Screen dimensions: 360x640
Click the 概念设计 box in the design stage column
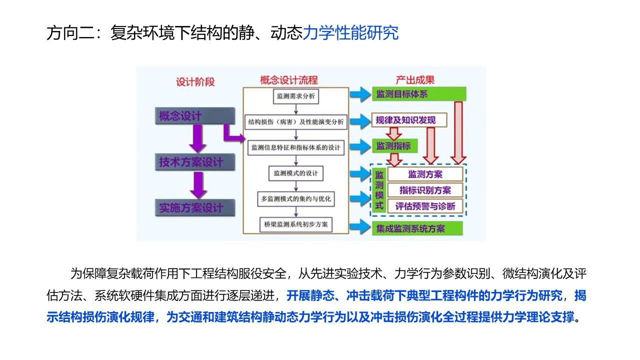click(x=194, y=116)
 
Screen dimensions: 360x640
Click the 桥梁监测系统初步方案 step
click(x=296, y=224)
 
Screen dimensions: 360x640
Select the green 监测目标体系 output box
click(x=419, y=94)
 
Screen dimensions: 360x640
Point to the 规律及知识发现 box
click(x=409, y=120)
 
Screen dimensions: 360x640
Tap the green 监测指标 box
click(x=393, y=146)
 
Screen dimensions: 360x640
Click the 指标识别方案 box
click(x=425, y=190)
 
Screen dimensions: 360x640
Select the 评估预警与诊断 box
click(x=425, y=206)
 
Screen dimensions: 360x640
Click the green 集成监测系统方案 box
click(x=417, y=229)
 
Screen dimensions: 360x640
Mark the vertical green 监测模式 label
click(x=379, y=190)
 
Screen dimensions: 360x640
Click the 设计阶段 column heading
click(x=195, y=82)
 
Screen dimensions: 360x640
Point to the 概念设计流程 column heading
click(x=289, y=80)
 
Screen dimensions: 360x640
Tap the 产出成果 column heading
click(x=415, y=80)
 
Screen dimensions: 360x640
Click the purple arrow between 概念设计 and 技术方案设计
click(x=198, y=138)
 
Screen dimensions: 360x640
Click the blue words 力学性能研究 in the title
click(x=350, y=33)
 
